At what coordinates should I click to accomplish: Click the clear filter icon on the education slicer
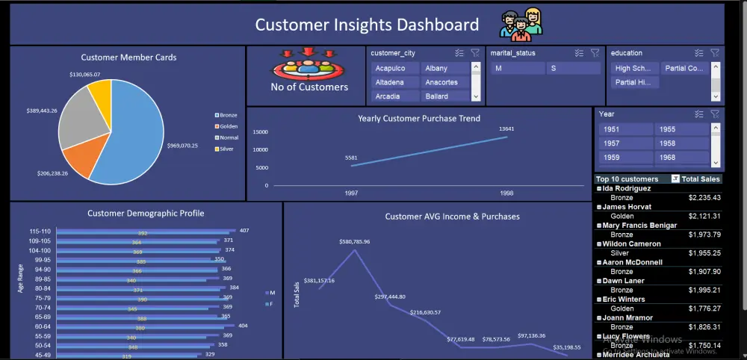coord(715,53)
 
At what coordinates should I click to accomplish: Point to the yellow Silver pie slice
coord(100,94)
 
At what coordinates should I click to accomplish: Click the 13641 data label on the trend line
coord(507,128)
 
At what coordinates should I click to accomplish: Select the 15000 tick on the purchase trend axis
coord(260,132)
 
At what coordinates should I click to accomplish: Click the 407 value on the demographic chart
coord(244,230)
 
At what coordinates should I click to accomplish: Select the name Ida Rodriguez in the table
coord(632,189)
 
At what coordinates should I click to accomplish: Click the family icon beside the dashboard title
coord(521,25)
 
